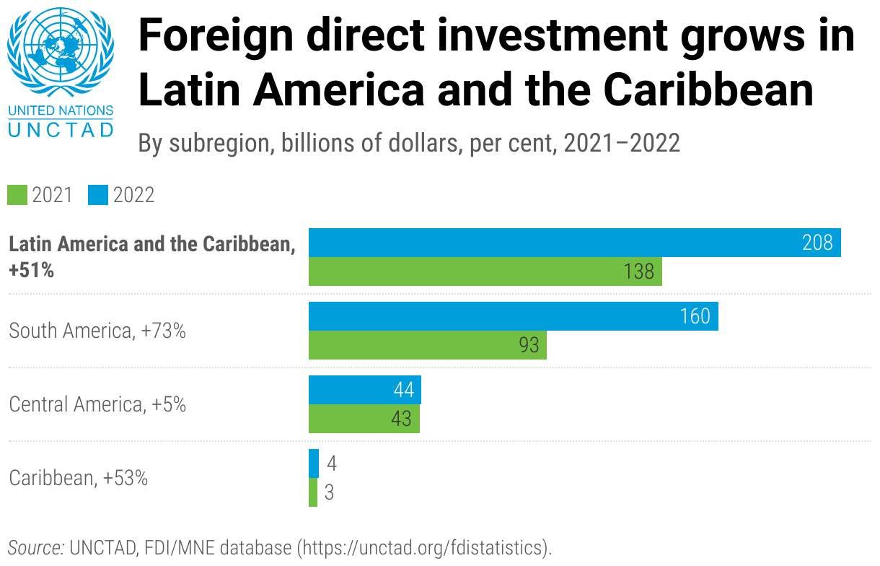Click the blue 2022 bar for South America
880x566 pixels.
tap(513, 316)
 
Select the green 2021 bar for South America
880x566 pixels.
tap(427, 345)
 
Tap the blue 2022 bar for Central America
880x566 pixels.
tap(364, 390)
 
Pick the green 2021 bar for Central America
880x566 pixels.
tap(364, 419)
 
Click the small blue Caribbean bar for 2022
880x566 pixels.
tap(314, 463)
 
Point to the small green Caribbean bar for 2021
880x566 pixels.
tap(313, 492)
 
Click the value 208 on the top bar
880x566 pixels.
tap(817, 243)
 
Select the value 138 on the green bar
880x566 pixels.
tap(638, 271)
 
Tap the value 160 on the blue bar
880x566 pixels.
tap(695, 316)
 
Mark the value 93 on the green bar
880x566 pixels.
tap(529, 345)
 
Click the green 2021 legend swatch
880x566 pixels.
tap(17, 195)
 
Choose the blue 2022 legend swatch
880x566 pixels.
tap(98, 195)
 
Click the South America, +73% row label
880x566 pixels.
tap(97, 331)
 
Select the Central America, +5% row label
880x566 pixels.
tap(97, 404)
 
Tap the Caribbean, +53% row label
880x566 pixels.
tap(78, 478)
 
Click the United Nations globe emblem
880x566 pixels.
tap(60, 52)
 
